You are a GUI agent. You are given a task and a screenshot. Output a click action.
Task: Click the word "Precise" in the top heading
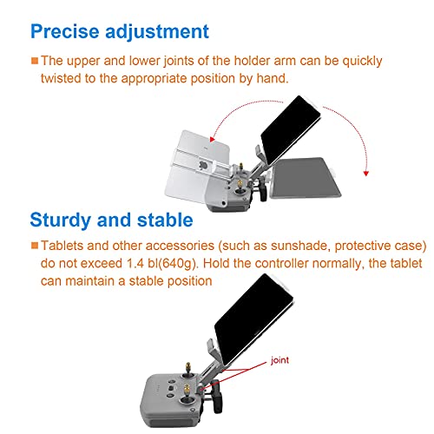(x=62, y=31)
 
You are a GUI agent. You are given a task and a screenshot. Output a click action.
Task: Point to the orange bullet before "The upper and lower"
(x=34, y=62)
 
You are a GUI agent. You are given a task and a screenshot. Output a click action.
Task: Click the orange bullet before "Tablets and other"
(x=34, y=246)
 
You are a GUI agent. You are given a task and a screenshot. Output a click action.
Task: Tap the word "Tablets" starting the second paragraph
(x=65, y=246)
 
